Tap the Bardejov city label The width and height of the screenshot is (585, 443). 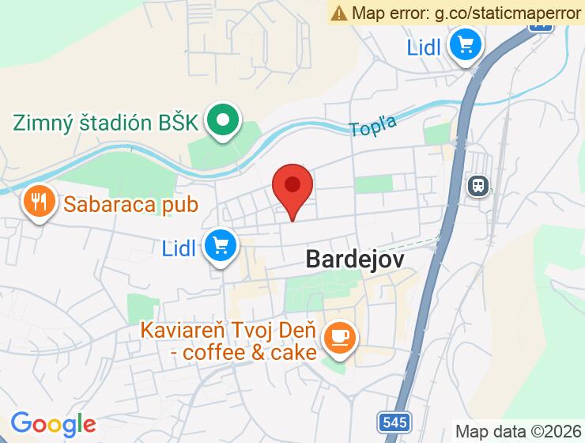click(x=355, y=259)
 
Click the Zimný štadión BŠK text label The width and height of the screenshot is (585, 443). click(x=105, y=123)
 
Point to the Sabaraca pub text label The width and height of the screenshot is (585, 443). click(x=130, y=204)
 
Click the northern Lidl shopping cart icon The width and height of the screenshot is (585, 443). click(x=465, y=46)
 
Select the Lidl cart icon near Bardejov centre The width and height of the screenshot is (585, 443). click(x=221, y=248)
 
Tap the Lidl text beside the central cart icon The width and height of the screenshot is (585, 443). click(x=179, y=248)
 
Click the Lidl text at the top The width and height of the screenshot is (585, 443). click(x=424, y=47)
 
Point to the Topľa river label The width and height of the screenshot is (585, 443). click(x=373, y=125)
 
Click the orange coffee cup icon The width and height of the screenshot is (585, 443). click(x=341, y=338)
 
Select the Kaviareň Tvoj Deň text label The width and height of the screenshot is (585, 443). click(x=228, y=329)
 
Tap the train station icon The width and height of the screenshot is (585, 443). click(x=478, y=186)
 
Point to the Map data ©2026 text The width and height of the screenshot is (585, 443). click(x=518, y=431)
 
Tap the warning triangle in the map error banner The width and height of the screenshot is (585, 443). click(x=339, y=13)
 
